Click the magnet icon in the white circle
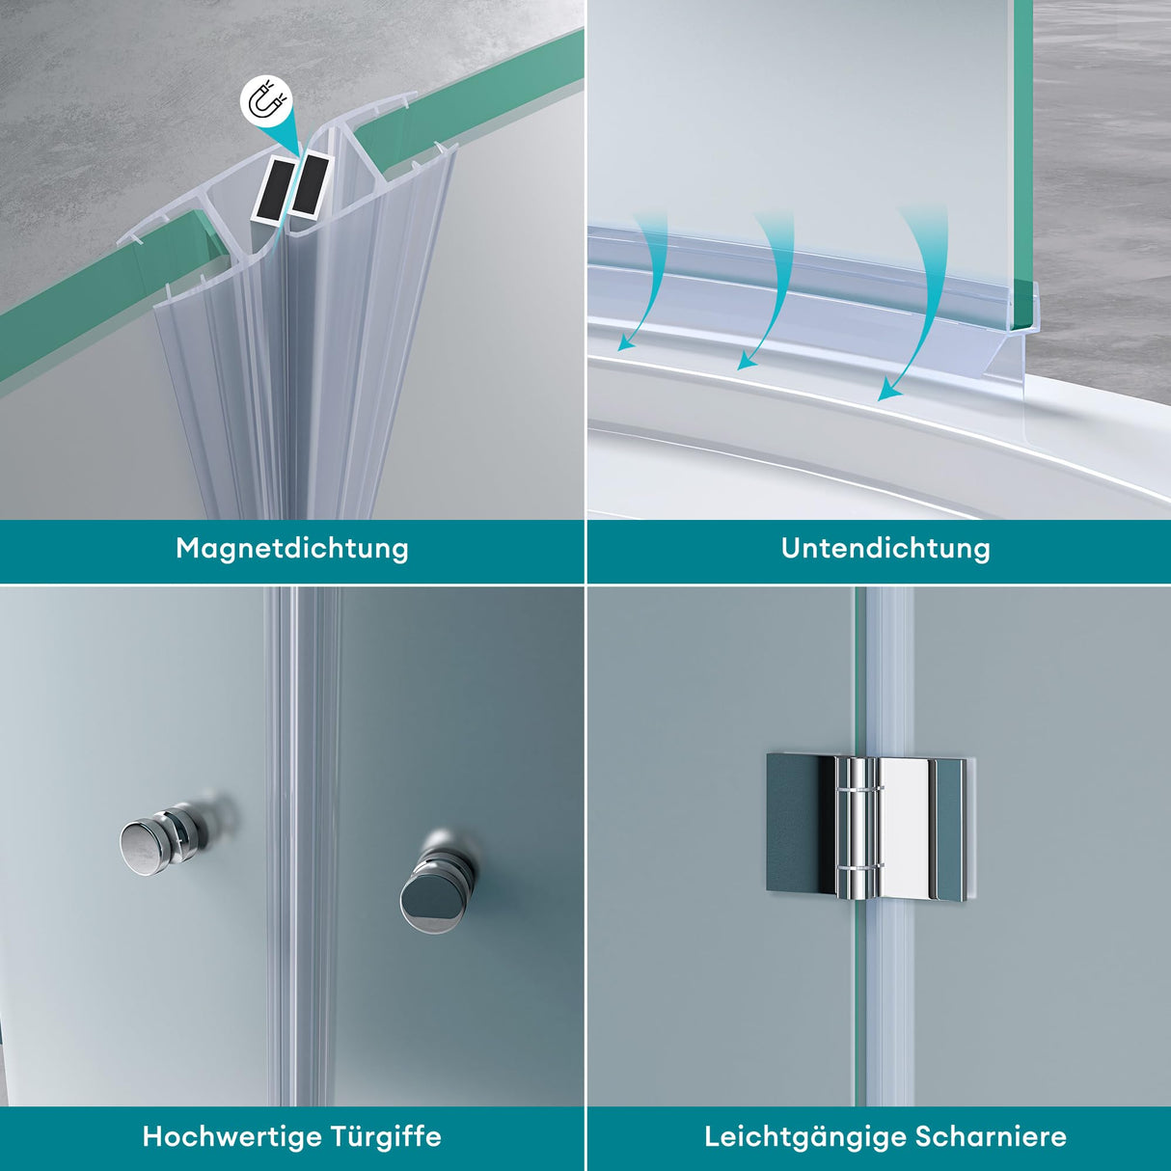[264, 102]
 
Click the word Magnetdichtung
[292, 549]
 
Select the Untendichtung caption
[885, 549]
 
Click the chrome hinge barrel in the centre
[857, 826]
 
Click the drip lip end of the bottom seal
[1030, 338]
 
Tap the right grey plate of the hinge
[949, 830]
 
